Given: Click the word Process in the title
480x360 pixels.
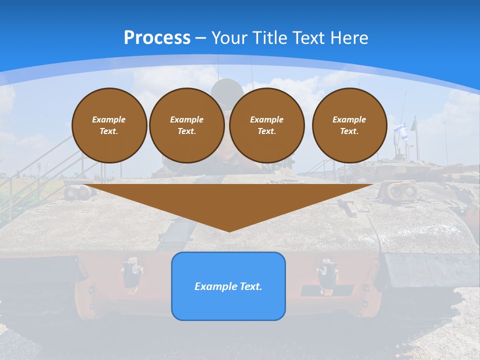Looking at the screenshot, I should click(157, 37).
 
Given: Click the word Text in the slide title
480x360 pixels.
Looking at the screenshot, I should click(310, 38).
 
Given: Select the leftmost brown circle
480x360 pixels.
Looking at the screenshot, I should click(109, 125).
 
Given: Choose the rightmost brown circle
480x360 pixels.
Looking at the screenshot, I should click(349, 125).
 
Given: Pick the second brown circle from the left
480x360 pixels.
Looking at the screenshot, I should click(186, 125).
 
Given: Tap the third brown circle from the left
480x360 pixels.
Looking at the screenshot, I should click(266, 125).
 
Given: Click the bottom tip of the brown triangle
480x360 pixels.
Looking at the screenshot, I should click(229, 230).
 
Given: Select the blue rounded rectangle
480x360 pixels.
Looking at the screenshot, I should click(228, 285).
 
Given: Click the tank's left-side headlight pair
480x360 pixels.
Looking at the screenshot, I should click(75, 191).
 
